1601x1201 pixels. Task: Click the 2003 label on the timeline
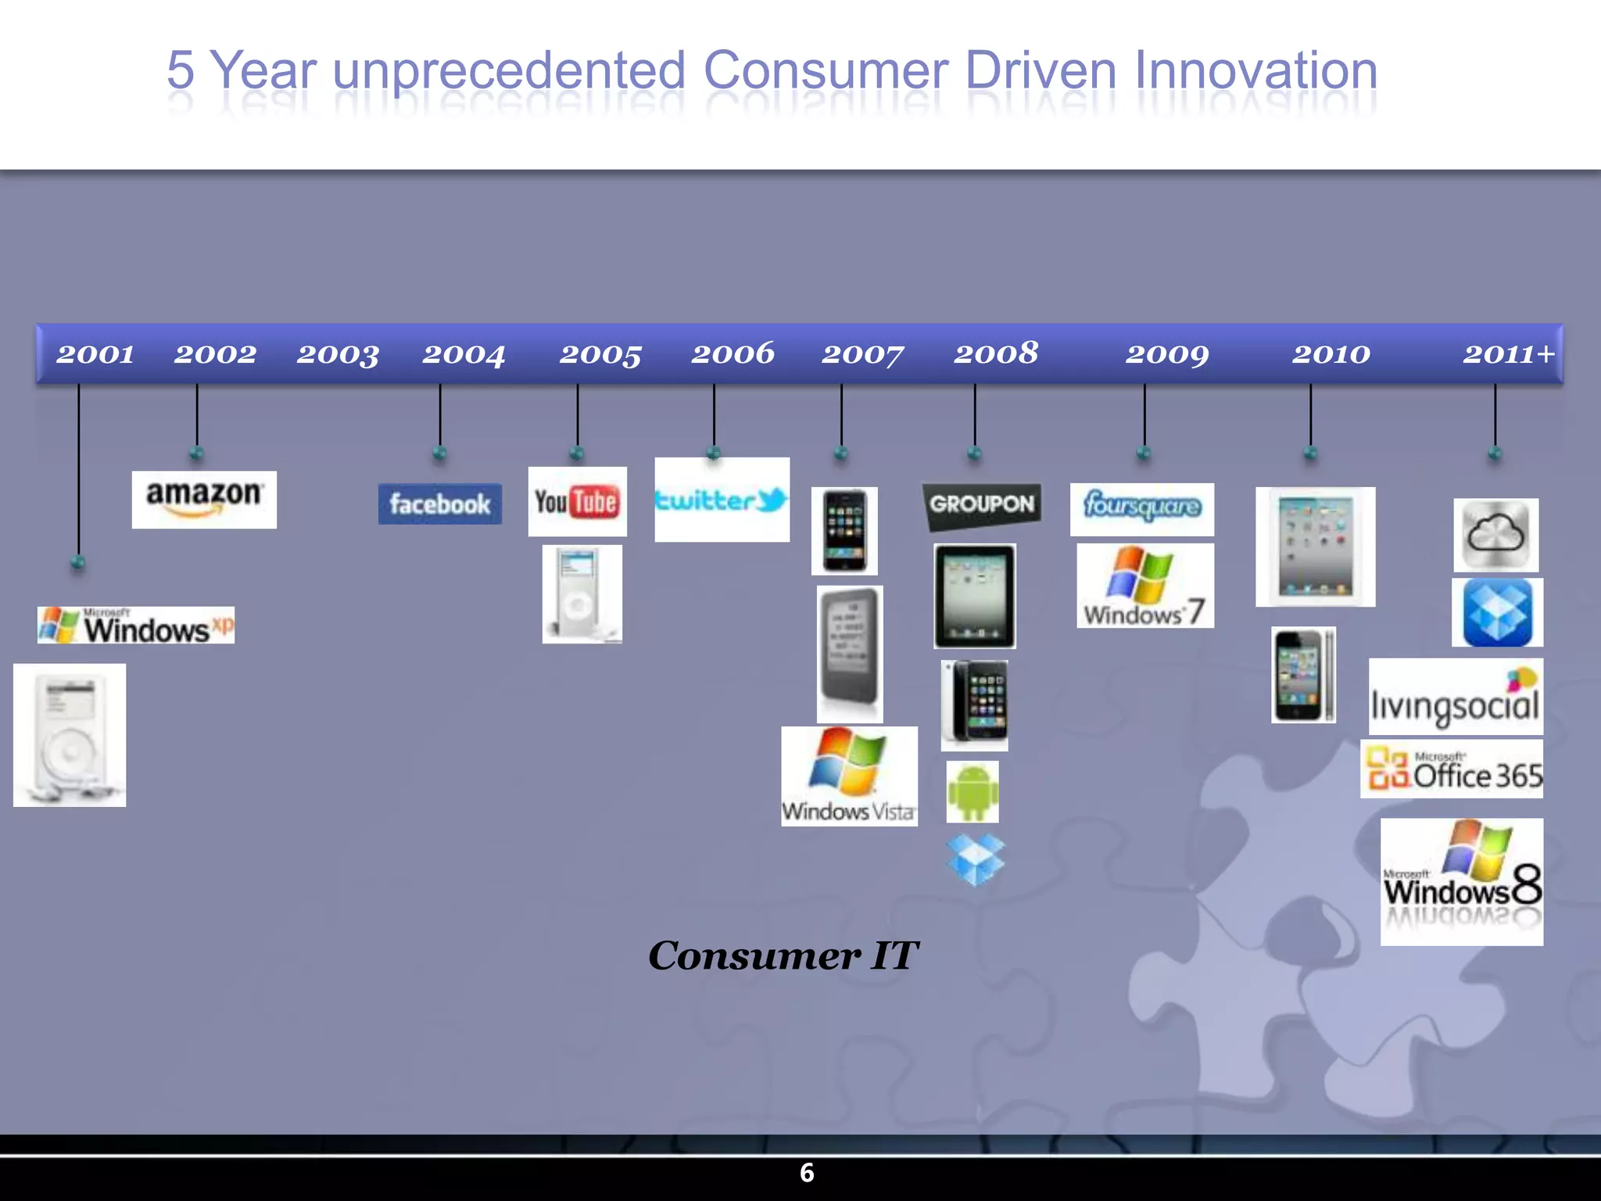tap(338, 354)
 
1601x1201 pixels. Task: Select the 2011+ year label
tap(1509, 354)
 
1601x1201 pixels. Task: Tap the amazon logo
tap(204, 499)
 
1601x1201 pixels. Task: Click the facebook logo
tap(440, 504)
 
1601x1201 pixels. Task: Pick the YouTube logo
tap(577, 501)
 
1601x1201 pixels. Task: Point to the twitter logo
tap(722, 500)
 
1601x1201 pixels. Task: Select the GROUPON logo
tap(982, 505)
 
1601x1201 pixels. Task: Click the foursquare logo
tap(1141, 508)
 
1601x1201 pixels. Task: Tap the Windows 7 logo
tap(1144, 586)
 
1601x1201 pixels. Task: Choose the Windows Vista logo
tap(849, 776)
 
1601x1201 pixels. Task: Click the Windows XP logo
tap(136, 626)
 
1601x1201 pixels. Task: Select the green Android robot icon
tap(972, 792)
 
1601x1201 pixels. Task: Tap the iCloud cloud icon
tap(1495, 535)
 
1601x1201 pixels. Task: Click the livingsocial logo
tap(1456, 697)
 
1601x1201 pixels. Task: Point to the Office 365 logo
tap(1452, 769)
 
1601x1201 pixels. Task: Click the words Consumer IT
tap(783, 955)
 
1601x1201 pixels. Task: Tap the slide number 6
tap(807, 1173)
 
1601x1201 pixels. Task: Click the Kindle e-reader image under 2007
tap(850, 654)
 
